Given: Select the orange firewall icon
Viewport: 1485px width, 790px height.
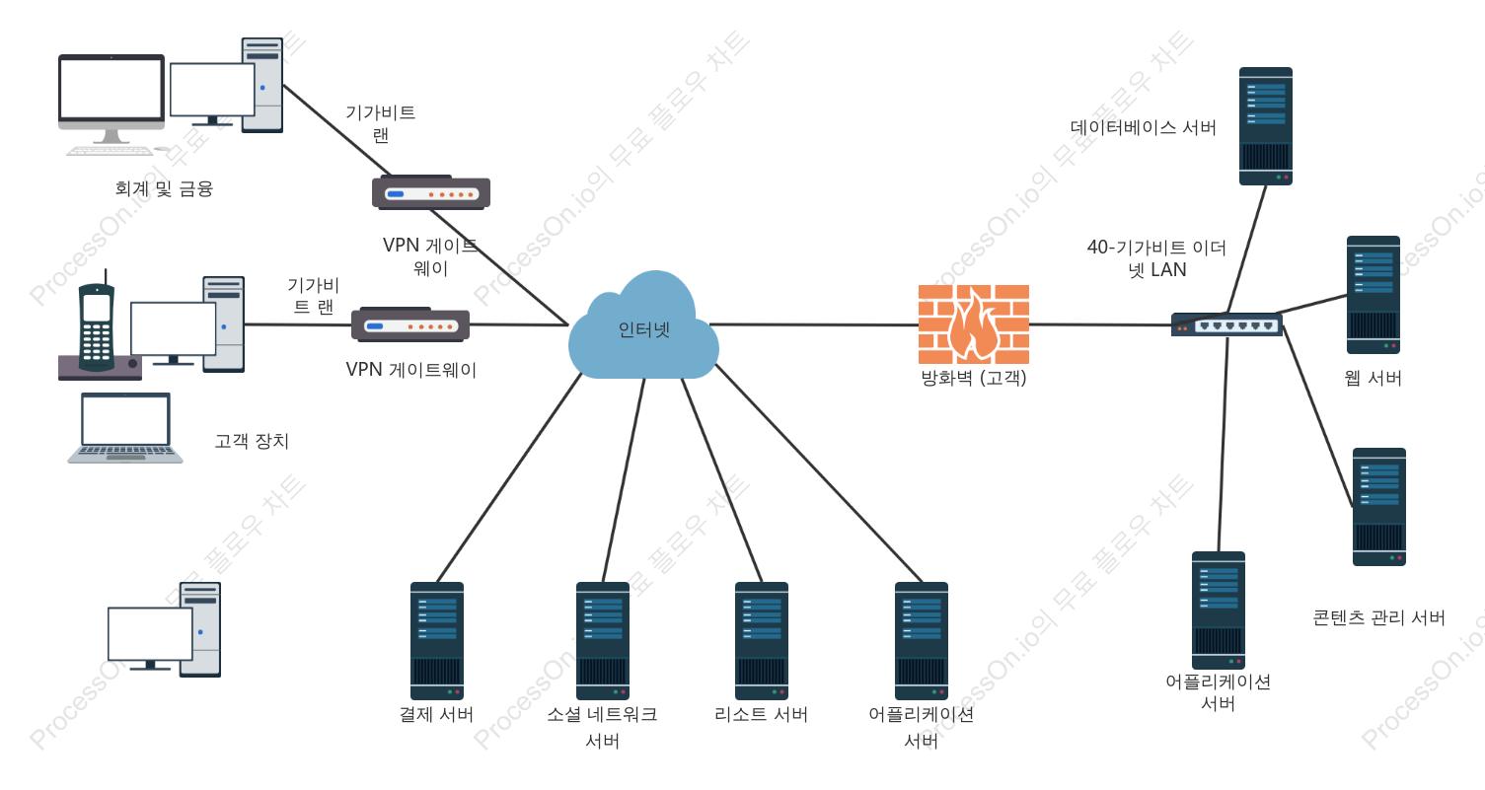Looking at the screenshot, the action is coord(973,324).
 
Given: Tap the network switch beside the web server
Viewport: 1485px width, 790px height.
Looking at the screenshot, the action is coord(1226,324).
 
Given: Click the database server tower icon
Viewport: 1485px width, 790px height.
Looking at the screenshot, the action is coord(1266,126).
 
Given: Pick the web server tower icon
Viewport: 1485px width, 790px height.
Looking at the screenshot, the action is coord(1373,295).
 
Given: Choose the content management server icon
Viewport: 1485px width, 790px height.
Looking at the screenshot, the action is coord(1379,507).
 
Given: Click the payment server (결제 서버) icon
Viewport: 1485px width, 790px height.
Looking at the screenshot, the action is coord(437,641).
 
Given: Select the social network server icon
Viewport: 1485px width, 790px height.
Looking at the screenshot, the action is coord(603,641).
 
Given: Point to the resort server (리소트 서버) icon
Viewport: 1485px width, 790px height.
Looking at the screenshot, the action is coord(762,641).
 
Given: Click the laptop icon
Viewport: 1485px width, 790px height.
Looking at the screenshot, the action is coord(124,427).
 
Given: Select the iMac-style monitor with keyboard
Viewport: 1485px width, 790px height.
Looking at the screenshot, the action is coord(111,105).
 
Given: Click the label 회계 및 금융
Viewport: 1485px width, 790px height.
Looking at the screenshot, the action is coord(164,189).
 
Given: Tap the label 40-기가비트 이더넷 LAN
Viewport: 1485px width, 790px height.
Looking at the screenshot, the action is coord(1156,258).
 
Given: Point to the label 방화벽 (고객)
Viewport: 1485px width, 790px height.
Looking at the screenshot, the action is coord(974,378).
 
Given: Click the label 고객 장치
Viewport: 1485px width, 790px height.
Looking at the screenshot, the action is coord(252,441).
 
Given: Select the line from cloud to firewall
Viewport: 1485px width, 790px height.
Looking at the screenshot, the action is coord(814,324).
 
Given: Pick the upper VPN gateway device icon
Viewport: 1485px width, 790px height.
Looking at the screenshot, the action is coord(431,193).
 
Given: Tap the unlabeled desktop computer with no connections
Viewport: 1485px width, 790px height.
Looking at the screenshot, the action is coord(165,629).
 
